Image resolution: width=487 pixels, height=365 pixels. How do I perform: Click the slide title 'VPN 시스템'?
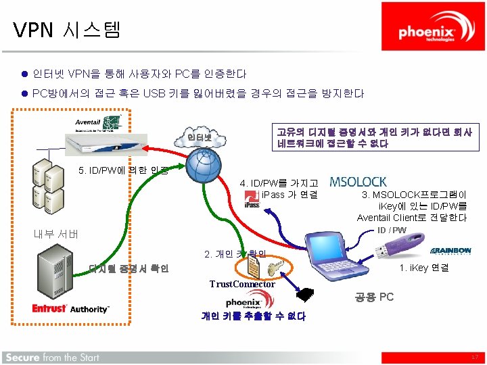pos(66,29)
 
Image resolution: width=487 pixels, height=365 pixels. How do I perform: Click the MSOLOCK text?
pos(358,182)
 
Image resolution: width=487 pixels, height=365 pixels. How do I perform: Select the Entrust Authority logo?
pos(70,308)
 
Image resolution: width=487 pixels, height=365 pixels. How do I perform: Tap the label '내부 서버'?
pos(56,235)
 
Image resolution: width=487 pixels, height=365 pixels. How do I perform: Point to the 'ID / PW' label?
pos(392,230)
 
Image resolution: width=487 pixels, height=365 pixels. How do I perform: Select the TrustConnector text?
pos(241,284)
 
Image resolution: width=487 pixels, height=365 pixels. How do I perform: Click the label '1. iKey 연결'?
pos(423,268)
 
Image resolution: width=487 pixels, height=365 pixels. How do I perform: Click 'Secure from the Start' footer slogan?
pos(52,357)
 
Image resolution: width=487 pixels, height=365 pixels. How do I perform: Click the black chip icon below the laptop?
pos(305,295)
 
